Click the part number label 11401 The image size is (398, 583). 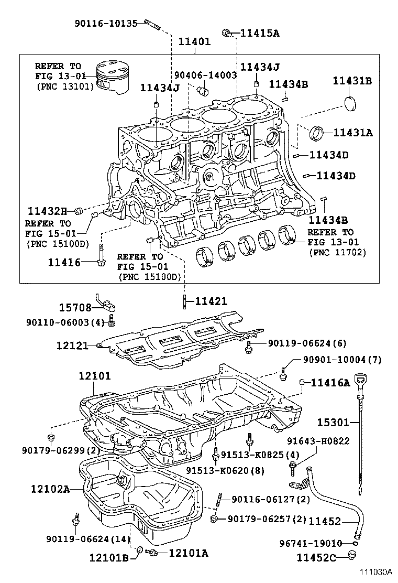(x=194, y=41)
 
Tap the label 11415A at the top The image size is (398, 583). (x=259, y=33)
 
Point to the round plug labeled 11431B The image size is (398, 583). (x=350, y=103)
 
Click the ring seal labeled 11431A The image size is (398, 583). (x=316, y=133)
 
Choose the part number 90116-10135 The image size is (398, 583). (x=106, y=23)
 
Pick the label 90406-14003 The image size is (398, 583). (x=206, y=75)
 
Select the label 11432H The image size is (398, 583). (x=47, y=211)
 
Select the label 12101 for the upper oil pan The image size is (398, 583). (x=95, y=376)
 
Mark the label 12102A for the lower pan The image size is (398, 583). (x=49, y=489)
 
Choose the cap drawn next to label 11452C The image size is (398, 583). (x=353, y=556)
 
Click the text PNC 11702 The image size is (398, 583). (x=337, y=252)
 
